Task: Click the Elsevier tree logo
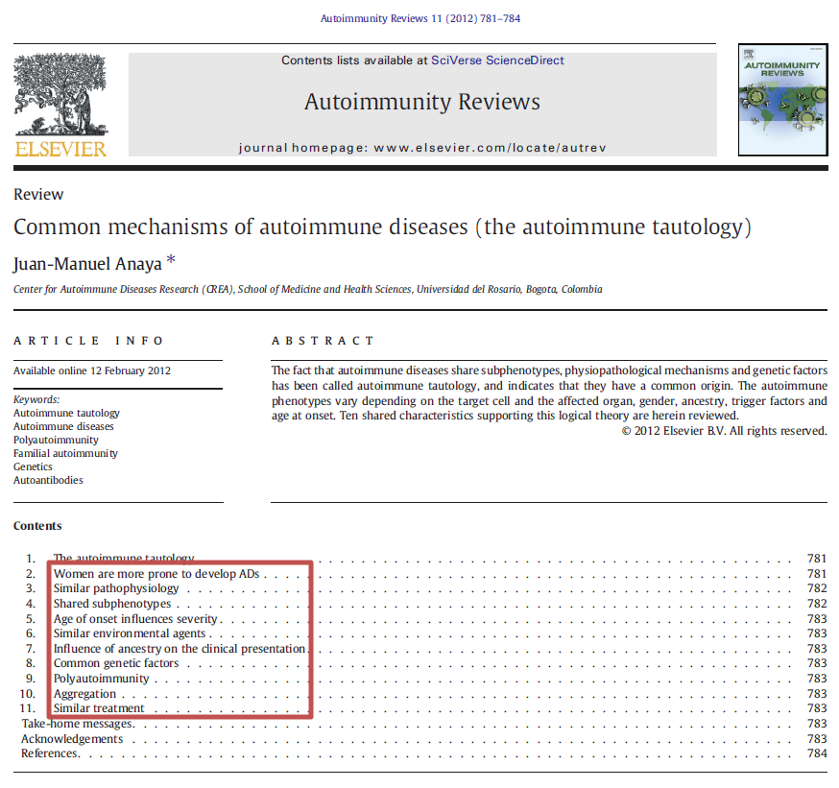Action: pos(60,96)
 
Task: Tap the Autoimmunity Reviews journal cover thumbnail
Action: pos(782,99)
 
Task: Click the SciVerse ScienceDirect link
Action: pos(497,60)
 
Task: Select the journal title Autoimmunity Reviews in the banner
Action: pos(422,102)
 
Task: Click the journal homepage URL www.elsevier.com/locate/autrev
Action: pos(490,148)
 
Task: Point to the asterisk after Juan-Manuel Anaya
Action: pos(171,260)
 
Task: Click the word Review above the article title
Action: pos(38,195)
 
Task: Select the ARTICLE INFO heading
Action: pos(89,341)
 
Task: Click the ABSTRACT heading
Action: pos(323,341)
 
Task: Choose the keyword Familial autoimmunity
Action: pos(65,453)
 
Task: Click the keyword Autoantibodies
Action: pos(48,480)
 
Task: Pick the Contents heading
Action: pos(37,526)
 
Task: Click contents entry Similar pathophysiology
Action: pos(116,588)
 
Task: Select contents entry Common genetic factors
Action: pos(116,663)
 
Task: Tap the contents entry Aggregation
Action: pos(84,694)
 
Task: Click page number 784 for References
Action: pos(817,753)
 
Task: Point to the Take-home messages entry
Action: pos(76,724)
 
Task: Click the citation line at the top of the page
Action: pos(419,18)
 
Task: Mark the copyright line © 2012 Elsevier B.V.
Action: pos(724,431)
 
